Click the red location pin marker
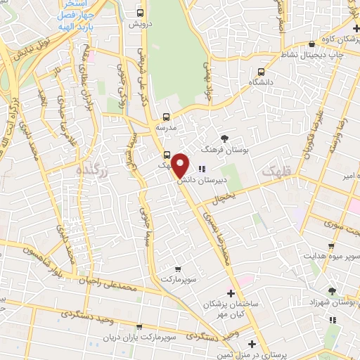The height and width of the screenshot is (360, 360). point(181,166)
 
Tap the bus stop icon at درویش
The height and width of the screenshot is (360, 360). point(140,13)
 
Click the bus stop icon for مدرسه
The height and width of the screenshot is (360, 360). point(166,117)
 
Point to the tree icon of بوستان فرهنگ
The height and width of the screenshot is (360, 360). point(224,138)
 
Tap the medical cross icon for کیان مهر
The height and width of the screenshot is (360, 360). point(231,292)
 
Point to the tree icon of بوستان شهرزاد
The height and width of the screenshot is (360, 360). point(332,290)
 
